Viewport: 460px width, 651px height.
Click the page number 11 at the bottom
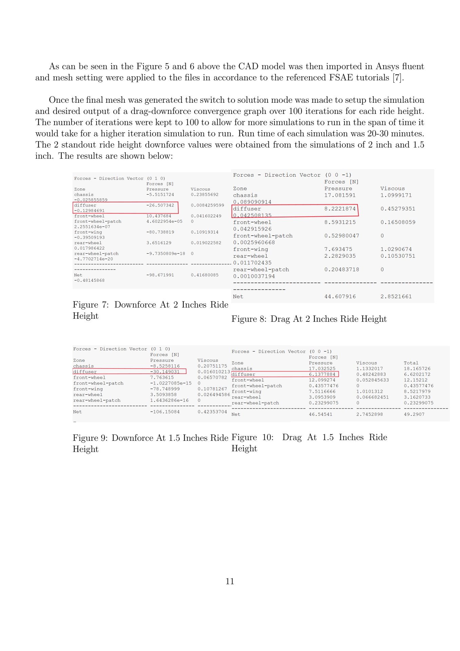tap(230, 581)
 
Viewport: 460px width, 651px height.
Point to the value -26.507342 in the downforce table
tap(160, 205)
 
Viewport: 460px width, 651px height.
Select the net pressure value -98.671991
tap(160, 275)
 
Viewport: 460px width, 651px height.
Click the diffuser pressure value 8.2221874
tap(340, 209)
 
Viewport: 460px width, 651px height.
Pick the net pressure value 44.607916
tap(340, 296)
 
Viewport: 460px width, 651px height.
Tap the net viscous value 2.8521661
tap(396, 296)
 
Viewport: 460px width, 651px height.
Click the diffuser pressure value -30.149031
tap(165, 372)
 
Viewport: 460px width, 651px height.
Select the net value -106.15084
tap(165, 412)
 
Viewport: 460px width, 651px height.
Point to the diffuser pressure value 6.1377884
tap(322, 374)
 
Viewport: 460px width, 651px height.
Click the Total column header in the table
tap(411, 363)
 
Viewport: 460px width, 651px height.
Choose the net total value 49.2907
tap(414, 414)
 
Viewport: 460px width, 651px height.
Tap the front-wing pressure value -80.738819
tap(160, 232)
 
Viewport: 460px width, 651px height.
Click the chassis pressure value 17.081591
tap(340, 195)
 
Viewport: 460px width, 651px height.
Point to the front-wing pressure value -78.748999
tap(165, 389)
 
